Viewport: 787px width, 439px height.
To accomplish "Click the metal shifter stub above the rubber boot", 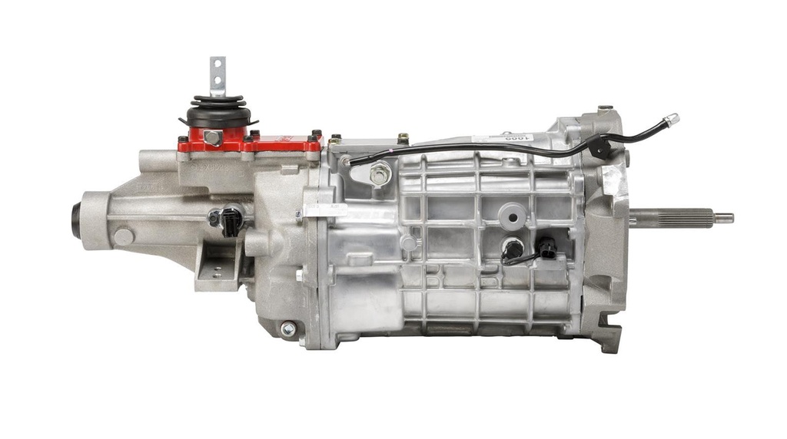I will (x=218, y=75).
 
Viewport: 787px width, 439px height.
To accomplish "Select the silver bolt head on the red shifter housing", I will (x=214, y=137).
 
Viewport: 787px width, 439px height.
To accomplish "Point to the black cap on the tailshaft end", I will (x=76, y=219).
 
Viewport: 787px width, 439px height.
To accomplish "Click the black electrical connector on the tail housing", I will (x=229, y=221).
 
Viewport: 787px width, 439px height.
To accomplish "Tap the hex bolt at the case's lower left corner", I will (x=288, y=328).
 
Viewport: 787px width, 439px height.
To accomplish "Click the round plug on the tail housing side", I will (x=123, y=236).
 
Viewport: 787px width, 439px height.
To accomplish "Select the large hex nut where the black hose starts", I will (x=379, y=175).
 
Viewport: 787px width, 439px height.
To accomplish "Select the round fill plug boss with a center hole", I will (x=512, y=216).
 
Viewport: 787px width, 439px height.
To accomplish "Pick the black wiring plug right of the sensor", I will (x=546, y=247).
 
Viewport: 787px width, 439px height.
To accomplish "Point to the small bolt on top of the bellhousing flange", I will (x=606, y=109).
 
